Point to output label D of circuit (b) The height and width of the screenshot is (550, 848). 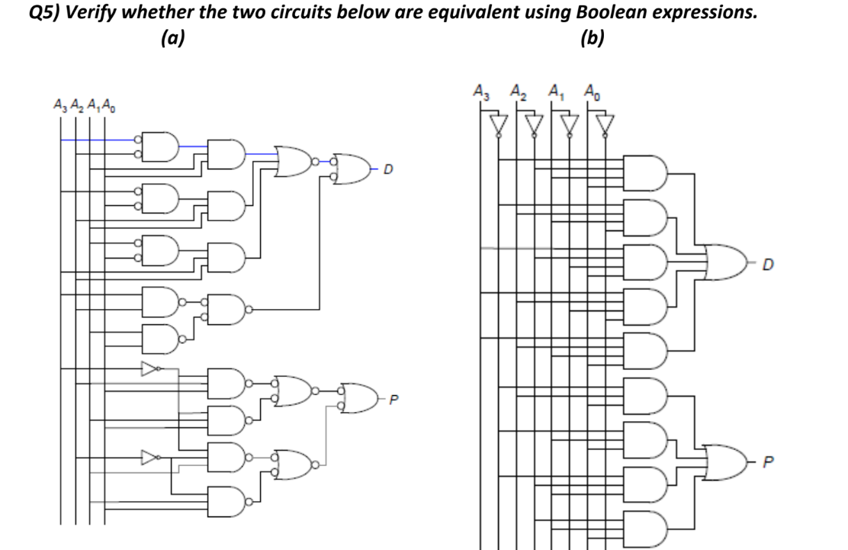(767, 265)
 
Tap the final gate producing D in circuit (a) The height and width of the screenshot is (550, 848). (352, 169)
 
